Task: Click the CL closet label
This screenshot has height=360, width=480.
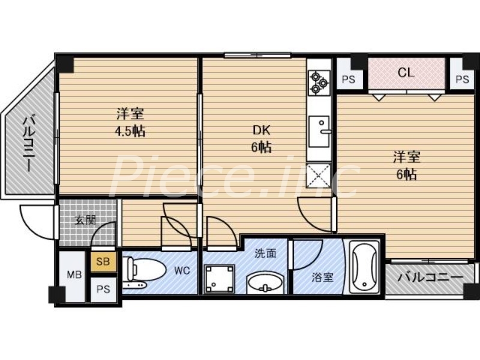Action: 406,73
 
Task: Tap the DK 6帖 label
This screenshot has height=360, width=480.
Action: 261,139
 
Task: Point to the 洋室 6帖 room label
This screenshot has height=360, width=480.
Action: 406,166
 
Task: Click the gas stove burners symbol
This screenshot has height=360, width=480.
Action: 319,83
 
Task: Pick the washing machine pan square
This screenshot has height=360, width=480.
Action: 218,277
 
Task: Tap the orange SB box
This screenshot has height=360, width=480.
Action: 103,262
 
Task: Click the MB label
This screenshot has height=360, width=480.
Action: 74,275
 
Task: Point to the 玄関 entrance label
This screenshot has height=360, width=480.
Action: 85,220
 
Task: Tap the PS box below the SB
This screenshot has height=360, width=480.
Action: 103,289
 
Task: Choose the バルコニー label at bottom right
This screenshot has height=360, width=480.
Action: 431,278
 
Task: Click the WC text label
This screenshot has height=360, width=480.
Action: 182,271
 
